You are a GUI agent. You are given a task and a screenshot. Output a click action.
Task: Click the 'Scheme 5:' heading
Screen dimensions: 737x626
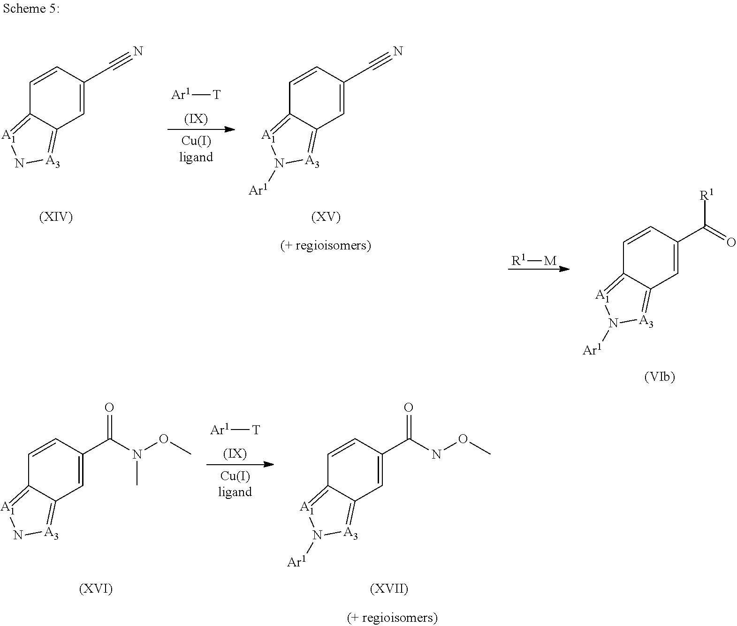[31, 8]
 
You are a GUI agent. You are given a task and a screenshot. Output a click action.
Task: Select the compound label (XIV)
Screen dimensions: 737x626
[56, 217]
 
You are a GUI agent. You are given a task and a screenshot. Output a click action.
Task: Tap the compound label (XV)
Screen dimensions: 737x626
[326, 217]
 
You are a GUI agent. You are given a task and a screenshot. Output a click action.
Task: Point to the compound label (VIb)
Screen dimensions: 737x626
[660, 377]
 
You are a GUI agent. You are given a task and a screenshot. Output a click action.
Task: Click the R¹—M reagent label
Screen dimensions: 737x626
[534, 261]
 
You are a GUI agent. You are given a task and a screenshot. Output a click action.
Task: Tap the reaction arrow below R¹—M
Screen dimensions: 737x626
[539, 269]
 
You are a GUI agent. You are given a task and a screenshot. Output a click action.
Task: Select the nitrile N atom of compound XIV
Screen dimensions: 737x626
[138, 51]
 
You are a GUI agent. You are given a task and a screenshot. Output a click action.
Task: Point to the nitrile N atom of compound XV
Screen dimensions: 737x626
[398, 51]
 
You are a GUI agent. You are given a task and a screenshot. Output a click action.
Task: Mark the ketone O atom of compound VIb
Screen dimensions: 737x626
[731, 243]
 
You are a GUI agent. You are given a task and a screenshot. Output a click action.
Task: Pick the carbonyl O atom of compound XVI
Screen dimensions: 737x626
[109, 407]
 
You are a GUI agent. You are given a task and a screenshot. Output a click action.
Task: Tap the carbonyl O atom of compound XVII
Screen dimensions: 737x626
[409, 407]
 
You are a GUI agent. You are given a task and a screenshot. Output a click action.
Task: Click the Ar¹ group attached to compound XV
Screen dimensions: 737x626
[258, 189]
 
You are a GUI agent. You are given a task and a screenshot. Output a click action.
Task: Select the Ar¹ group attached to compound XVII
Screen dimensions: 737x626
[296, 561]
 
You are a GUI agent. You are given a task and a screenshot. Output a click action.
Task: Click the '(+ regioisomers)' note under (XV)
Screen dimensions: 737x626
[326, 245]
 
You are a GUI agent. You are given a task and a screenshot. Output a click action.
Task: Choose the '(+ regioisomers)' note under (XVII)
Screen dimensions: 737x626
[392, 617]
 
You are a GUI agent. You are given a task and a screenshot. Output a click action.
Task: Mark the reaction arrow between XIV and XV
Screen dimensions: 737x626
[201, 129]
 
